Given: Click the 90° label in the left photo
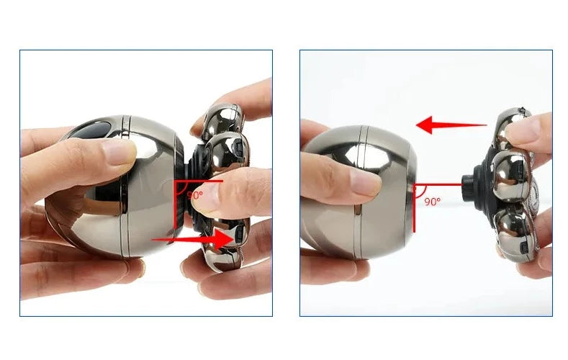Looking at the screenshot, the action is tap(195, 195).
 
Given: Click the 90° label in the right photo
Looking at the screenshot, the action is tap(432, 202).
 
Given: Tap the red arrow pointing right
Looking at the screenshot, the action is tap(193, 239).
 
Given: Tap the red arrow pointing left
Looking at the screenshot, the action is tap(451, 125).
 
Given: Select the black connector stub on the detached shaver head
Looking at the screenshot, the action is tap(469, 185).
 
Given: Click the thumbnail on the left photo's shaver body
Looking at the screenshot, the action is tap(119, 153).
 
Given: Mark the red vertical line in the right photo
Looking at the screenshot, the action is tap(415, 208).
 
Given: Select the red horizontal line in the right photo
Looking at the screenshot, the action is tap(438, 185).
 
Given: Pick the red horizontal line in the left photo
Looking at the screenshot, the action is tap(199, 181).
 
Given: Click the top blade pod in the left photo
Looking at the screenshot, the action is tap(222, 120).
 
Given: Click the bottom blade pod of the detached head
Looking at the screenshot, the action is tap(515, 233).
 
